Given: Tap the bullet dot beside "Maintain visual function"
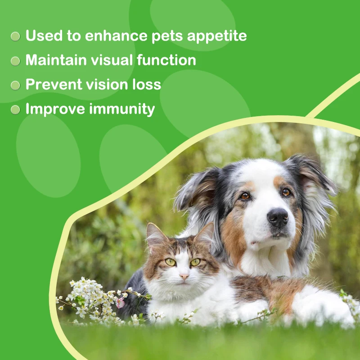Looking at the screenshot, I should point(16,61).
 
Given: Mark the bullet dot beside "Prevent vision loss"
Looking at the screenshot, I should point(16,85).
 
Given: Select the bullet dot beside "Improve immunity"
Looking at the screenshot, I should point(16,109).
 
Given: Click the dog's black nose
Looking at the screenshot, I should point(278,217).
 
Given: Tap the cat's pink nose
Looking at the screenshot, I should point(184,276).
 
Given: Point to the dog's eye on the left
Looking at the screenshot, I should point(244,196).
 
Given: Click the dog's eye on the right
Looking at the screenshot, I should point(286,192).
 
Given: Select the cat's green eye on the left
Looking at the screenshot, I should point(171,261).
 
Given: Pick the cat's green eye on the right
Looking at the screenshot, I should point(195,261).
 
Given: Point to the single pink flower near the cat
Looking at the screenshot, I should point(120,302).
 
